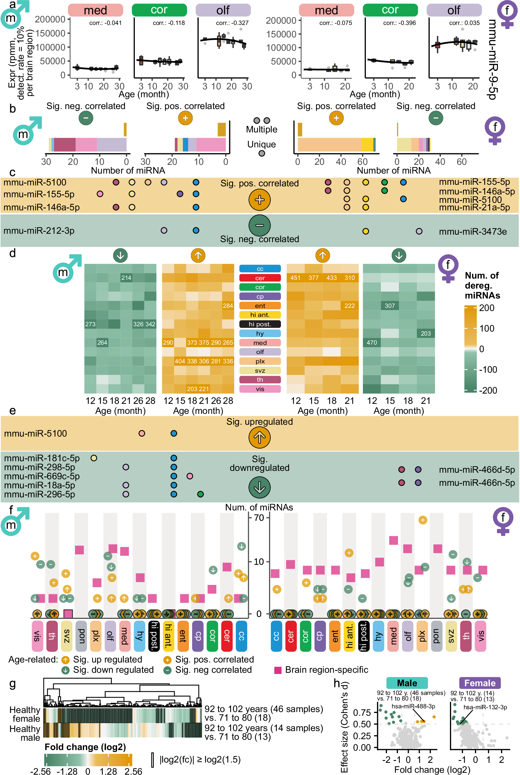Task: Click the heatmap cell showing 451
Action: [x=295, y=278]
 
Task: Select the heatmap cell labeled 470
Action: [x=371, y=342]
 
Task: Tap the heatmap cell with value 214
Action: [x=126, y=278]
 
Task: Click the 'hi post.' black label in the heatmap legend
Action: [x=260, y=324]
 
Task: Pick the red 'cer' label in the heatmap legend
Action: [x=260, y=278]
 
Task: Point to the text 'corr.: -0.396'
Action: [x=399, y=23]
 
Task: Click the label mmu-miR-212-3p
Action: [x=39, y=231]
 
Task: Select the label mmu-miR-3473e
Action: [x=473, y=232]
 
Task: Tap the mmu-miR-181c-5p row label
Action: [x=42, y=458]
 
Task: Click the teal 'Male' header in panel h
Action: [x=407, y=683]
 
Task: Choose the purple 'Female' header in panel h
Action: [x=480, y=683]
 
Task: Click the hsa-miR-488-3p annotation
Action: [x=413, y=706]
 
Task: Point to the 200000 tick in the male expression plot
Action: [x=50, y=19]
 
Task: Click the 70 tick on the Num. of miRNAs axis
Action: [x=259, y=518]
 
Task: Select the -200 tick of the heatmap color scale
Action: [x=488, y=390]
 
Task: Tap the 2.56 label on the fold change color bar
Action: [x=133, y=771]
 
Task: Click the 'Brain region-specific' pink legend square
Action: [x=278, y=670]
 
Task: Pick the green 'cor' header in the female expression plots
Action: [x=390, y=10]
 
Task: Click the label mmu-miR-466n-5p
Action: [x=476, y=483]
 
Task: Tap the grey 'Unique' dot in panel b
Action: [x=262, y=153]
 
